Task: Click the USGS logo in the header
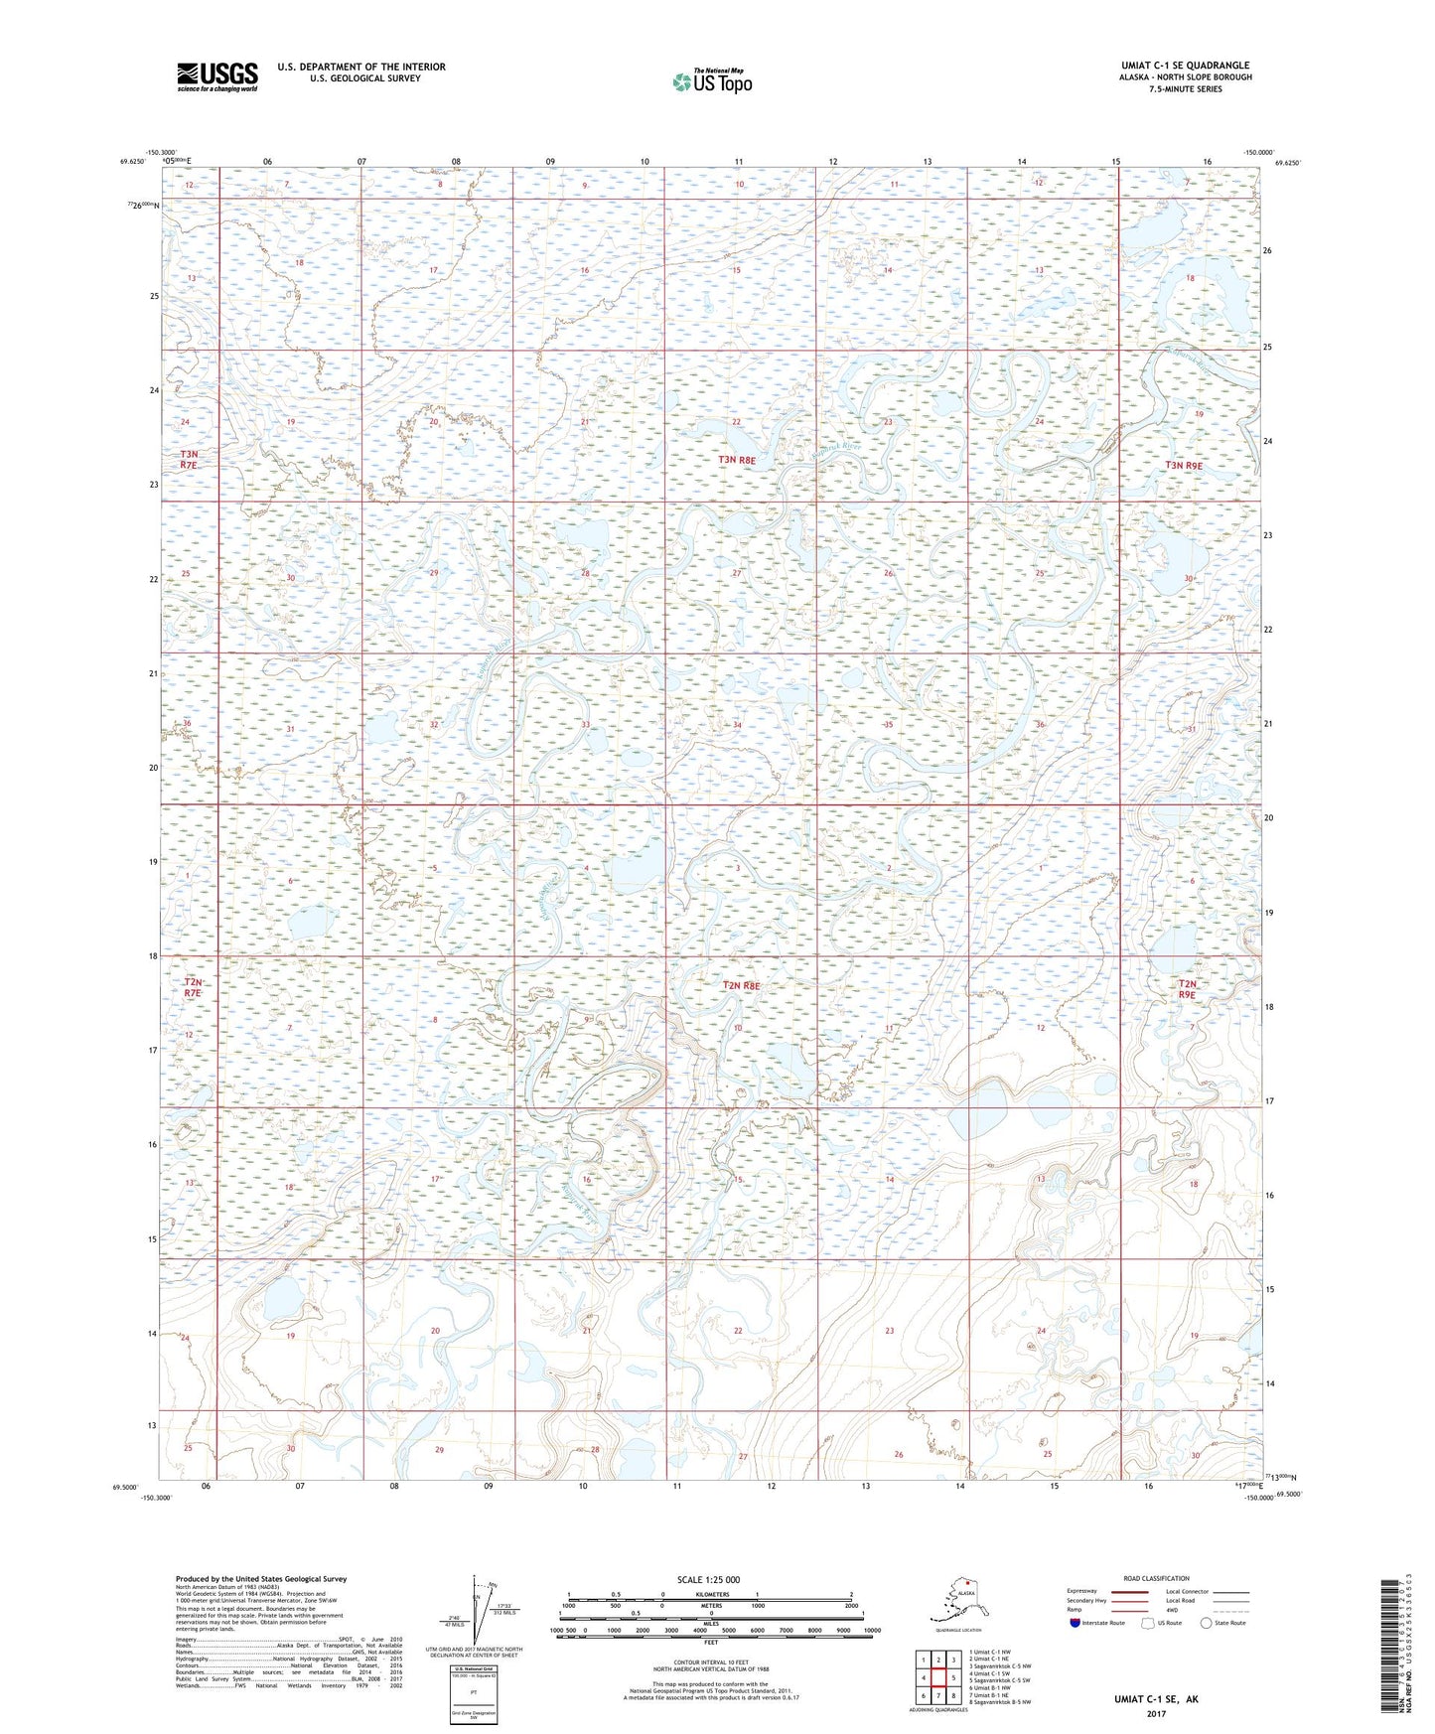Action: (x=216, y=76)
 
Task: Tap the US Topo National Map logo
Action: (x=711, y=80)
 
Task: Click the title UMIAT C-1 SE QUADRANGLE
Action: (x=1185, y=66)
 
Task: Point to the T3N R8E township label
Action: (x=737, y=460)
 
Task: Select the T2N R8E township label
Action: (x=741, y=985)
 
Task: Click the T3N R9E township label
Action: (x=1184, y=465)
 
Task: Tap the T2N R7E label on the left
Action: (x=192, y=986)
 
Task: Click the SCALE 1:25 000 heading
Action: (x=710, y=1579)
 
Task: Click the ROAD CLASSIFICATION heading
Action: (x=1156, y=1578)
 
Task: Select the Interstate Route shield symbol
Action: (x=1075, y=1623)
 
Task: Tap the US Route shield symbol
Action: (x=1149, y=1623)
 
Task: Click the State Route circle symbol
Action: (x=1206, y=1623)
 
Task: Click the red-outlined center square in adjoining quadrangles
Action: (x=937, y=1677)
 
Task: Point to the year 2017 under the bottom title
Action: (x=1156, y=1713)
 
